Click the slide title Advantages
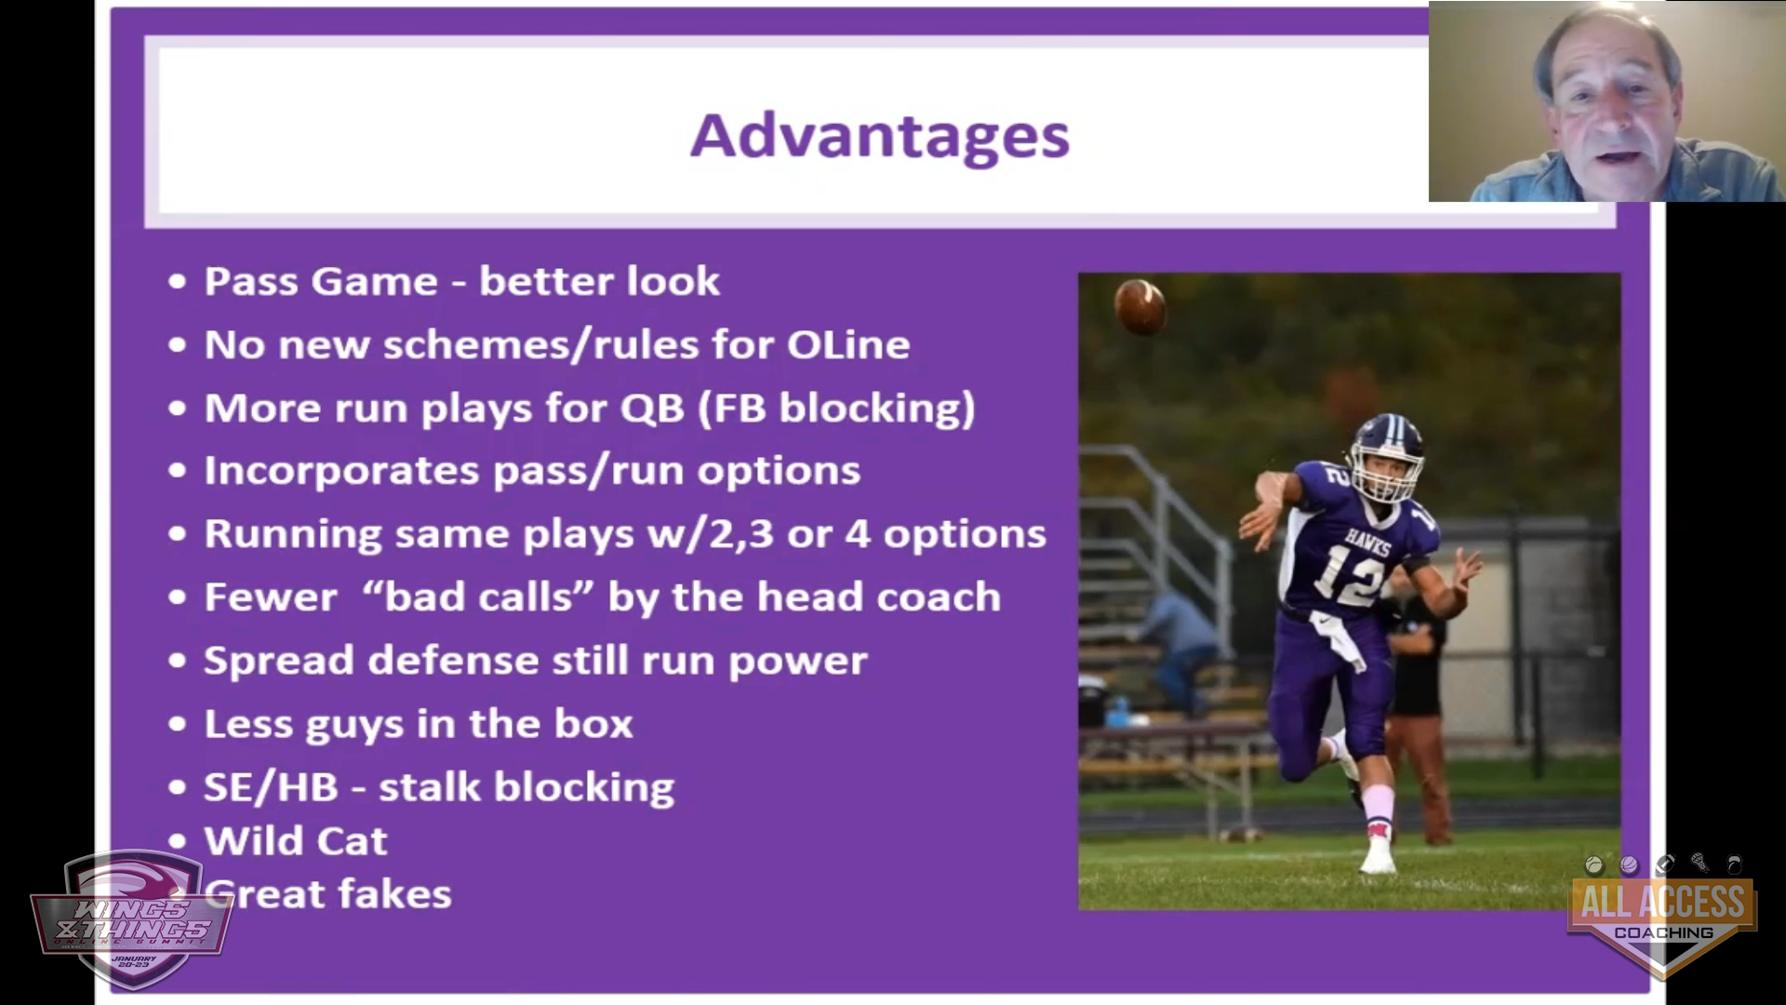point(879,137)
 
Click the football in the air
point(1140,305)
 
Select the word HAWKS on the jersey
point(1366,541)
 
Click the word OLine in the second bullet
point(848,344)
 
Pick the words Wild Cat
point(295,841)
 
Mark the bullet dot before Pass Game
point(177,281)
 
